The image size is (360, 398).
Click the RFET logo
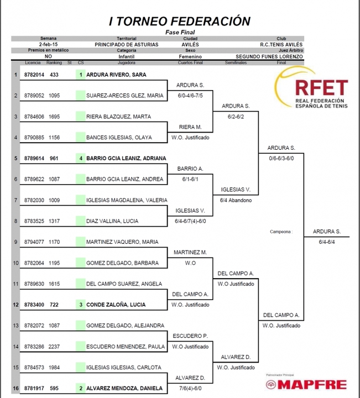(x=311, y=88)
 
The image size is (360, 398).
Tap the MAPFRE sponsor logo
(x=306, y=384)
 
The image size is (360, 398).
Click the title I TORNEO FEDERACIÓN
(x=180, y=21)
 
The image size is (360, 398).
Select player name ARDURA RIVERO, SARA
(x=116, y=75)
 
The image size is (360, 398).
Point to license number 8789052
(x=34, y=96)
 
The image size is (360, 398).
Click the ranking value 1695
(x=54, y=117)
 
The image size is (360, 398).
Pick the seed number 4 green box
(x=81, y=158)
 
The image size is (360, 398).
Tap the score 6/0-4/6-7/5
(x=190, y=96)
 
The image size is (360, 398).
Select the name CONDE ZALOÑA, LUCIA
(x=116, y=305)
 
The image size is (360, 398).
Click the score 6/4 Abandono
(x=236, y=200)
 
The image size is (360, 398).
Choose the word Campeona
(x=281, y=232)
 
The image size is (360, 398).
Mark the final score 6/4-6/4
(x=327, y=242)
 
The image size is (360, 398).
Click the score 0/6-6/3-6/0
(x=281, y=159)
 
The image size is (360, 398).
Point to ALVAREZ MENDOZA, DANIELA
(x=124, y=388)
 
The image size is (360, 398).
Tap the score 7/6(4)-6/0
(x=190, y=389)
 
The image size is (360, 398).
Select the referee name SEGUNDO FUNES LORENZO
(x=269, y=56)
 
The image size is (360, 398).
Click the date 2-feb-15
(x=48, y=44)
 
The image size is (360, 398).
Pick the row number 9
(x=15, y=242)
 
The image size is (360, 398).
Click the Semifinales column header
(x=236, y=62)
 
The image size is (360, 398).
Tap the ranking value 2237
(x=54, y=347)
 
